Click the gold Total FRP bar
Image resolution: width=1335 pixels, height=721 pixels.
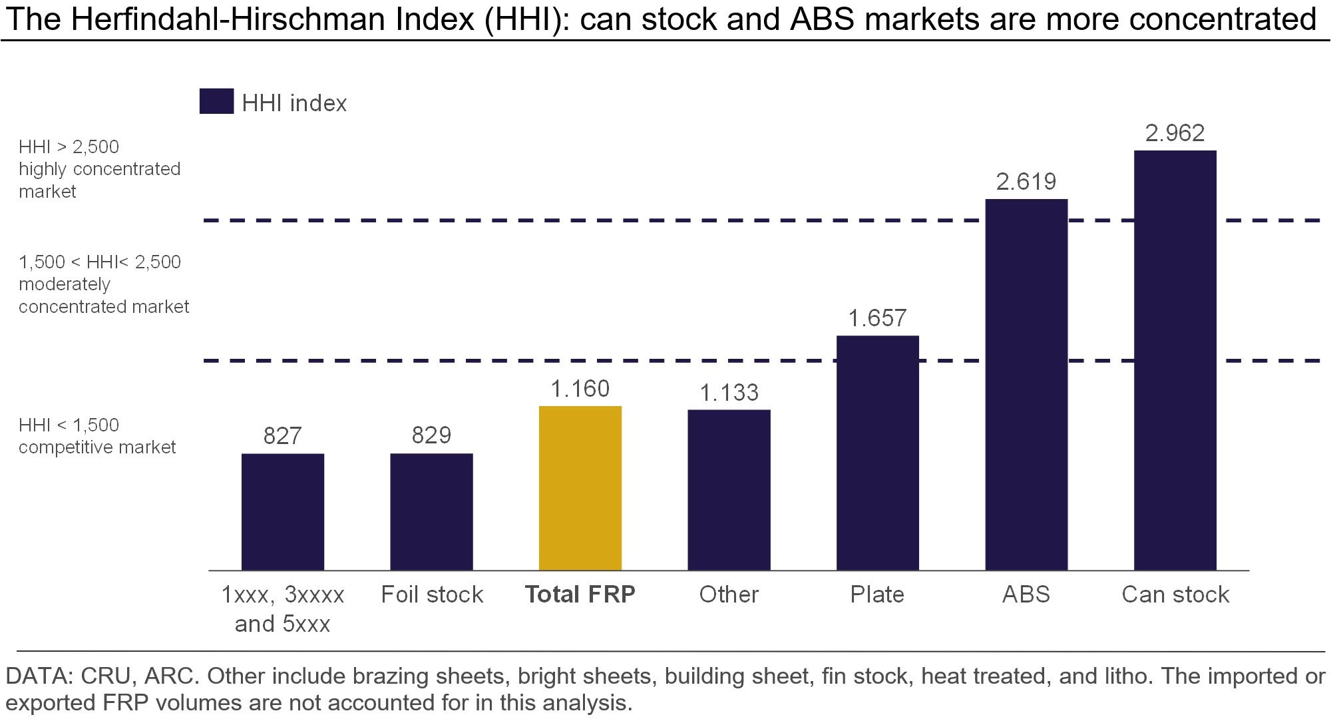(580, 488)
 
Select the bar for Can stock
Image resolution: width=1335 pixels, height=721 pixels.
(1175, 360)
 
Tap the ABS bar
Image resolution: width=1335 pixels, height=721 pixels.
(1026, 385)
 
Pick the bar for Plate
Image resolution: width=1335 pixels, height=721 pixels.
(878, 453)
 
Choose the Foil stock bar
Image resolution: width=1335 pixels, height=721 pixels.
(431, 512)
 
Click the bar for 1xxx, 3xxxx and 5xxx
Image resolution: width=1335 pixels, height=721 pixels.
(283, 512)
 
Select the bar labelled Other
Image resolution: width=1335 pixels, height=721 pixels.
(729, 490)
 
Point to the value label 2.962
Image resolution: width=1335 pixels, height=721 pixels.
(1175, 133)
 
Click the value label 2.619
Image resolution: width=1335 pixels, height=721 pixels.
(1026, 182)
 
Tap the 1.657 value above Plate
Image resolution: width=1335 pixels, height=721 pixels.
(877, 318)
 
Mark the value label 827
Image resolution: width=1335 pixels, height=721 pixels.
(282, 436)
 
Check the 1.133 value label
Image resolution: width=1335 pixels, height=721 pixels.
(729, 393)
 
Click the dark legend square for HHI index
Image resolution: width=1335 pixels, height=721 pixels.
(216, 101)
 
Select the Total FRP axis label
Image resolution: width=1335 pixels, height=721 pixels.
(580, 594)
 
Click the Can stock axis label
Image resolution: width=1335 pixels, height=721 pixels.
(1175, 594)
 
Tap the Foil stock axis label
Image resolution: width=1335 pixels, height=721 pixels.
(432, 594)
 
